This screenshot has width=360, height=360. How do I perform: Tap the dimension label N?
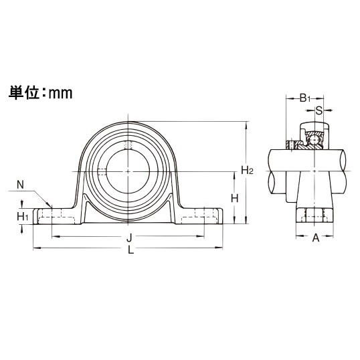click(20, 185)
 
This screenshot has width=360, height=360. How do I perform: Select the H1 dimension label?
click(22, 215)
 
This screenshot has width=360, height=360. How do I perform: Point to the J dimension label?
click(128, 238)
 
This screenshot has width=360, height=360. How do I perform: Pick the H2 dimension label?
click(247, 171)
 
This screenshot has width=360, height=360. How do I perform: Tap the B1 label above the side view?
click(305, 98)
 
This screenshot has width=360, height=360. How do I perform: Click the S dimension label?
click(319, 110)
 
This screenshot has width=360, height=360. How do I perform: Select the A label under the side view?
click(315, 237)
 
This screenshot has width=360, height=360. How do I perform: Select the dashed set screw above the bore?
click(128, 145)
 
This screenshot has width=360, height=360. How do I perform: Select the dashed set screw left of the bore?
click(101, 171)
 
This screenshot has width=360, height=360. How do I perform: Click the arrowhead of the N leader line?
click(52, 205)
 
